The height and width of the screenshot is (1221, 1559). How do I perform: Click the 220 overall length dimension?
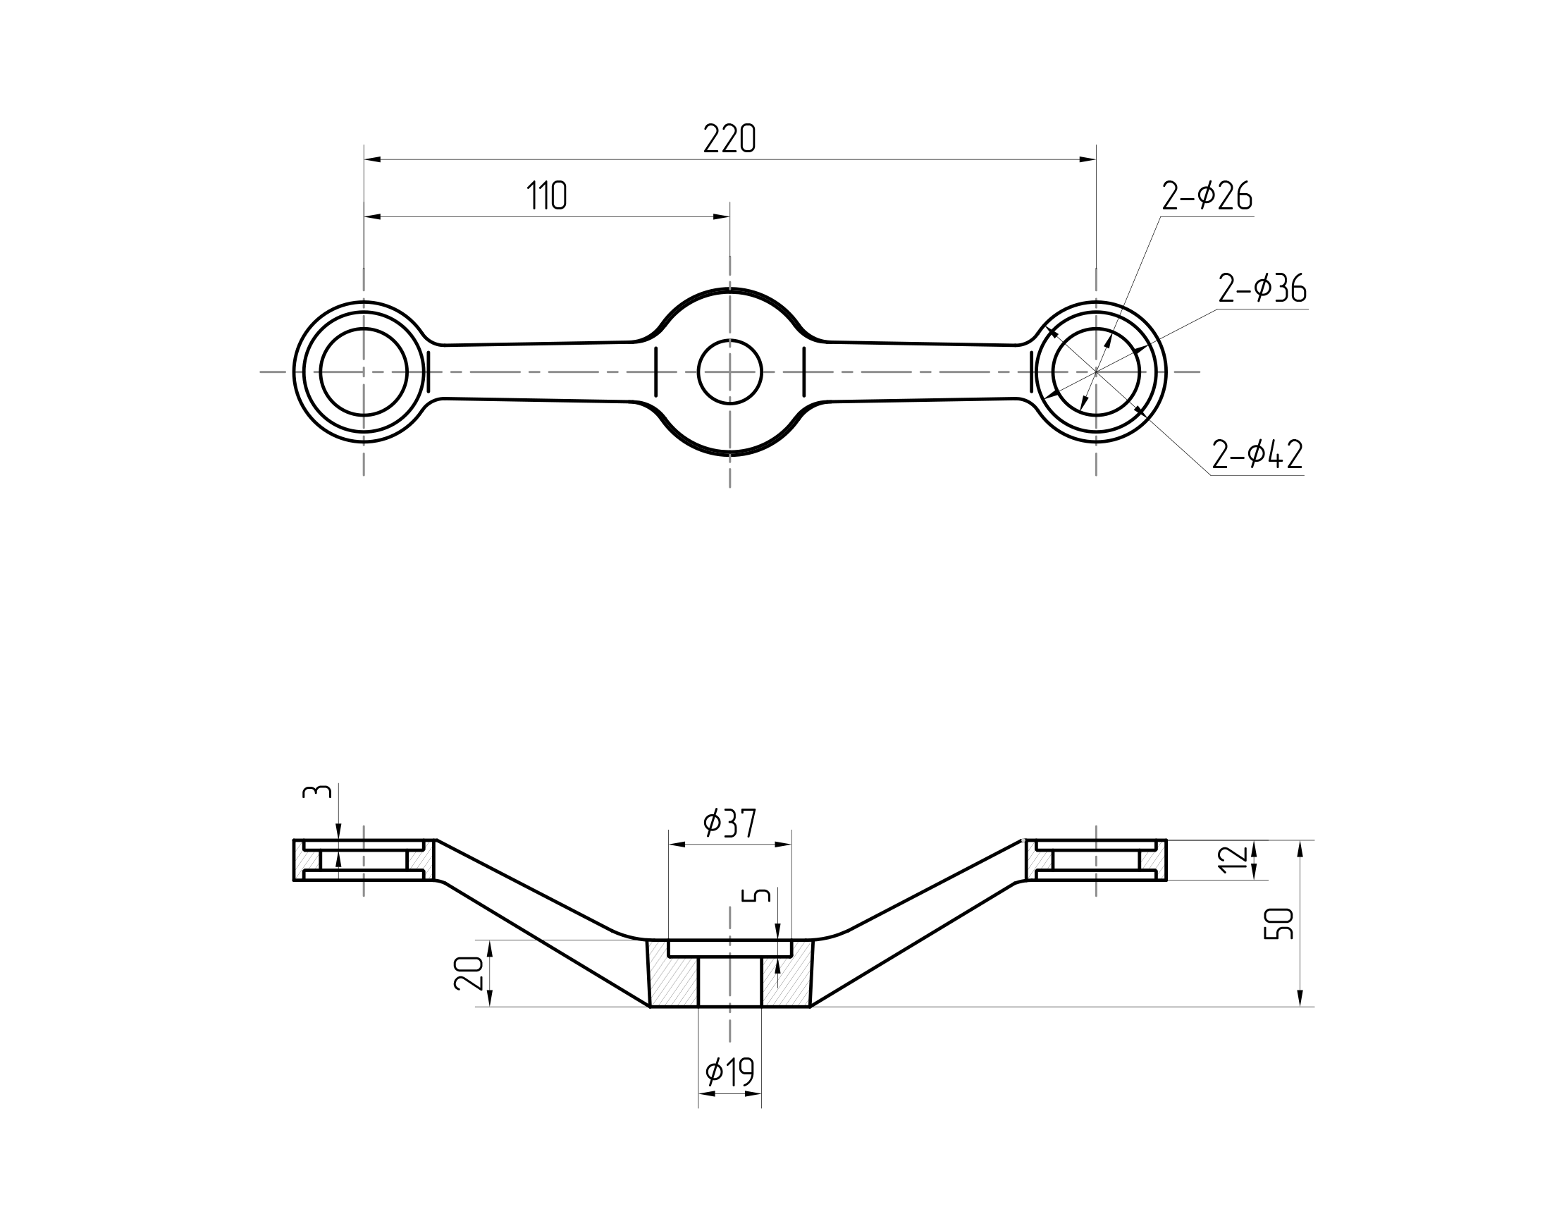tap(729, 139)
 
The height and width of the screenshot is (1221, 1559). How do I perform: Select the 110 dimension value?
tap(547, 196)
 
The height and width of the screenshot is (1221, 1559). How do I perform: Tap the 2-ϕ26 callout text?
tap(1207, 197)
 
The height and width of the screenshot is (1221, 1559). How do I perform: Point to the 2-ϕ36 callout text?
tap(1262, 289)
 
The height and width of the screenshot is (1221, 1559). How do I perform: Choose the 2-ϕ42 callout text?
tap(1257, 455)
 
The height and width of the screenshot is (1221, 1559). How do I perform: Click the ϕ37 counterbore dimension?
tap(729, 823)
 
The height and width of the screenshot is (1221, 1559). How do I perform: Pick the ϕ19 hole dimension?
tap(729, 1072)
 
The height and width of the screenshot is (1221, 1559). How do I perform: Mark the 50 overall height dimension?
tap(1279, 923)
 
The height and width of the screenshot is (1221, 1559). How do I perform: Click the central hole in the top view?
tap(730, 372)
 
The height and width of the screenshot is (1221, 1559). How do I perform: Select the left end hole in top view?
tap(364, 372)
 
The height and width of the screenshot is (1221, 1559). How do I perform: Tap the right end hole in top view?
tap(1096, 372)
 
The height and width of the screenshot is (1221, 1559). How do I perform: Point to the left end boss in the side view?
tap(364, 860)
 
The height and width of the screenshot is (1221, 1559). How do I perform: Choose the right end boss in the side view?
tap(1096, 860)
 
